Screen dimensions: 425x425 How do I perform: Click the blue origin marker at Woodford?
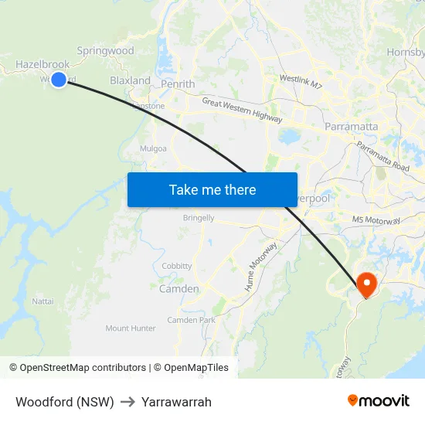tap(59, 79)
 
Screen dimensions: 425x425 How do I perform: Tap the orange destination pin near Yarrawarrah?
tap(365, 284)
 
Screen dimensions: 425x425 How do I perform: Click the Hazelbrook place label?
tap(42, 65)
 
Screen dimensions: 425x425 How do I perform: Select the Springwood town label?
tap(105, 51)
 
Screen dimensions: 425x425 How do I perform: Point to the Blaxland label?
tap(130, 80)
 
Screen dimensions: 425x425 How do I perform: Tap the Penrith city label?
tap(178, 84)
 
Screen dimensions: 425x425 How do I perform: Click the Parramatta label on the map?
tap(352, 126)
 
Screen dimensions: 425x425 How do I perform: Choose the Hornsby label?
tap(406, 53)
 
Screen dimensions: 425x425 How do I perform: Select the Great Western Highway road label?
tap(242, 110)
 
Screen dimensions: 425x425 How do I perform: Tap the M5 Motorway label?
tap(376, 221)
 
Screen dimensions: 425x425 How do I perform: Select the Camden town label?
tap(178, 289)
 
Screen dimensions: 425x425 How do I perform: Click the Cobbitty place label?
tap(177, 266)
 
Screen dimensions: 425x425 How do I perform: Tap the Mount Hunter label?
tap(131, 328)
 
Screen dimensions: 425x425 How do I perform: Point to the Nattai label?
tap(42, 301)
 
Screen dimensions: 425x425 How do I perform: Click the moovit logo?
tap(379, 400)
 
